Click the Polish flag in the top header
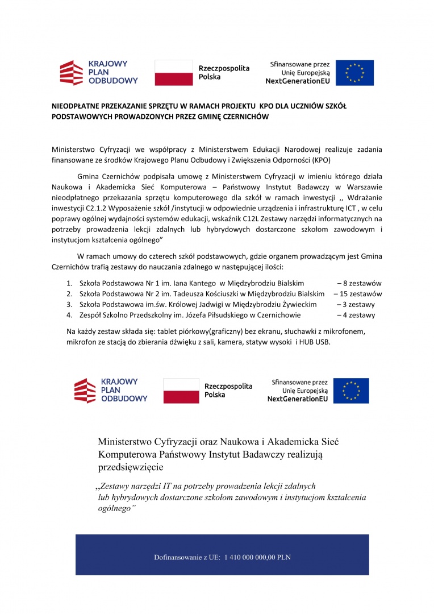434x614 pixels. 173,72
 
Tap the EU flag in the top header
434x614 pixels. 354,73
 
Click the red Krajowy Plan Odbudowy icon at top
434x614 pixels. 72,73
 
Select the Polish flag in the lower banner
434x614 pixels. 181,391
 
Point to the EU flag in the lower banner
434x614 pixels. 350,391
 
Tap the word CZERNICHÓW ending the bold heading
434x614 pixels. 245,117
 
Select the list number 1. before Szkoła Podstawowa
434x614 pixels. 69,283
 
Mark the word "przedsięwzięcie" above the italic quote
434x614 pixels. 131,467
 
